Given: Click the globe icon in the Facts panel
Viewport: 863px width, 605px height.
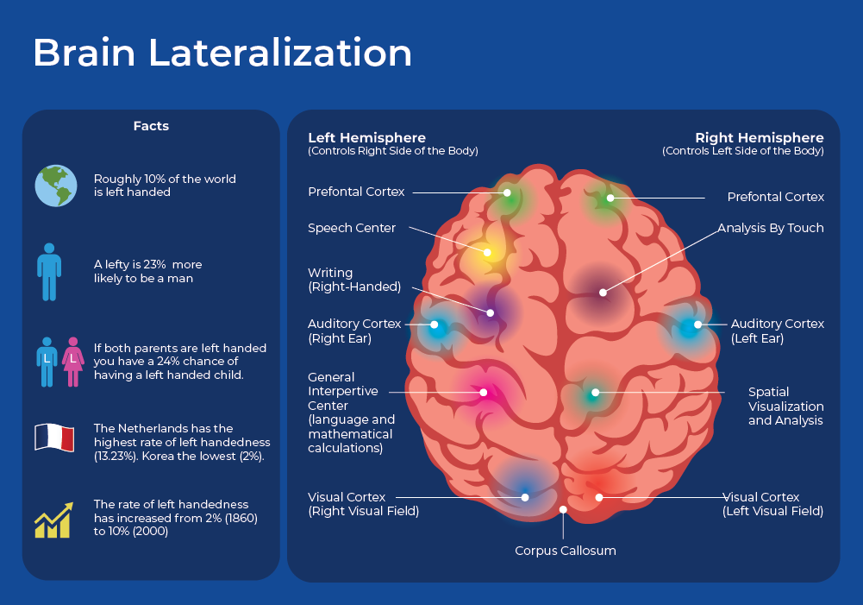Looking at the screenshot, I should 55,186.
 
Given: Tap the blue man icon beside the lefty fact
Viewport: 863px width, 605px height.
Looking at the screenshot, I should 49,270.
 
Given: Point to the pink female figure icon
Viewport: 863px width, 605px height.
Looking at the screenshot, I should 73,360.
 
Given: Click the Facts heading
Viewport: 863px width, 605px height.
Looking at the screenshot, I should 151,126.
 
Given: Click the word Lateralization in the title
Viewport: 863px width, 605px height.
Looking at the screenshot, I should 280,54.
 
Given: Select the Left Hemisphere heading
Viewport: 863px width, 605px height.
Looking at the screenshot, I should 366,138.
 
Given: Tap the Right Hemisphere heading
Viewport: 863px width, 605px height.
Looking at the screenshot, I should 760,138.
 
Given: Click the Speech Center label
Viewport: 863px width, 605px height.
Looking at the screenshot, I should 352,229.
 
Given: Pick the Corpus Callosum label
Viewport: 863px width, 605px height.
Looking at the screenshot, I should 566,551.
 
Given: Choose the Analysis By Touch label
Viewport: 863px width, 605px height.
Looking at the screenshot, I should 771,229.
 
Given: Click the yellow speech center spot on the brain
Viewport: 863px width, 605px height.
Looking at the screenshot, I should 487,253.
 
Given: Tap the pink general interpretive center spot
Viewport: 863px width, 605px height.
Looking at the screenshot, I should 484,392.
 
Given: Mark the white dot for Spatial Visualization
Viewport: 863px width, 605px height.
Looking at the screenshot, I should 595,393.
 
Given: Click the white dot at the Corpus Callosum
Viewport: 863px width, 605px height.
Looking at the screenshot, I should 563,509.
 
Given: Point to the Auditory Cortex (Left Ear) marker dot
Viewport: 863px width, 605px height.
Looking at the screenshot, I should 697,325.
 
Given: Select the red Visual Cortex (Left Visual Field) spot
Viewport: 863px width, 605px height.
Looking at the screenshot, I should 598,497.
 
